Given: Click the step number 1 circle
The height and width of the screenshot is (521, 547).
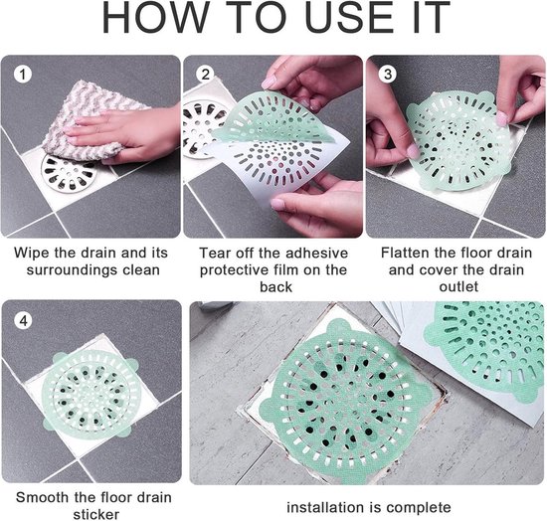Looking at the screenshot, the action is [23, 75].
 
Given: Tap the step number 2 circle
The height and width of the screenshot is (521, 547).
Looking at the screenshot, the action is [205, 75].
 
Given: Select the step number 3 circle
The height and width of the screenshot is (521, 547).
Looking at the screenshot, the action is [388, 74].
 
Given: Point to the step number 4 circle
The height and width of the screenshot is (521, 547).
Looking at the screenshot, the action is [24, 320].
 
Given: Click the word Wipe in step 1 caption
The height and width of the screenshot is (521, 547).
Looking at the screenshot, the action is [30, 254].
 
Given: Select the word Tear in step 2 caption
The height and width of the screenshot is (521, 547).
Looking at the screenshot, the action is [214, 254].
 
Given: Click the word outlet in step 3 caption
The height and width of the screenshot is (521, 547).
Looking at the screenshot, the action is [458, 287].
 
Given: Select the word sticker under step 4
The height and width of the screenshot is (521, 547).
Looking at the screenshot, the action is [95, 515].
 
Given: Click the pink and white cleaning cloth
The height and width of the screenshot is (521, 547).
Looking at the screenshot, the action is [90, 119].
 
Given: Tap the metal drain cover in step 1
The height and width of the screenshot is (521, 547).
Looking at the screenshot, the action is [69, 174].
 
